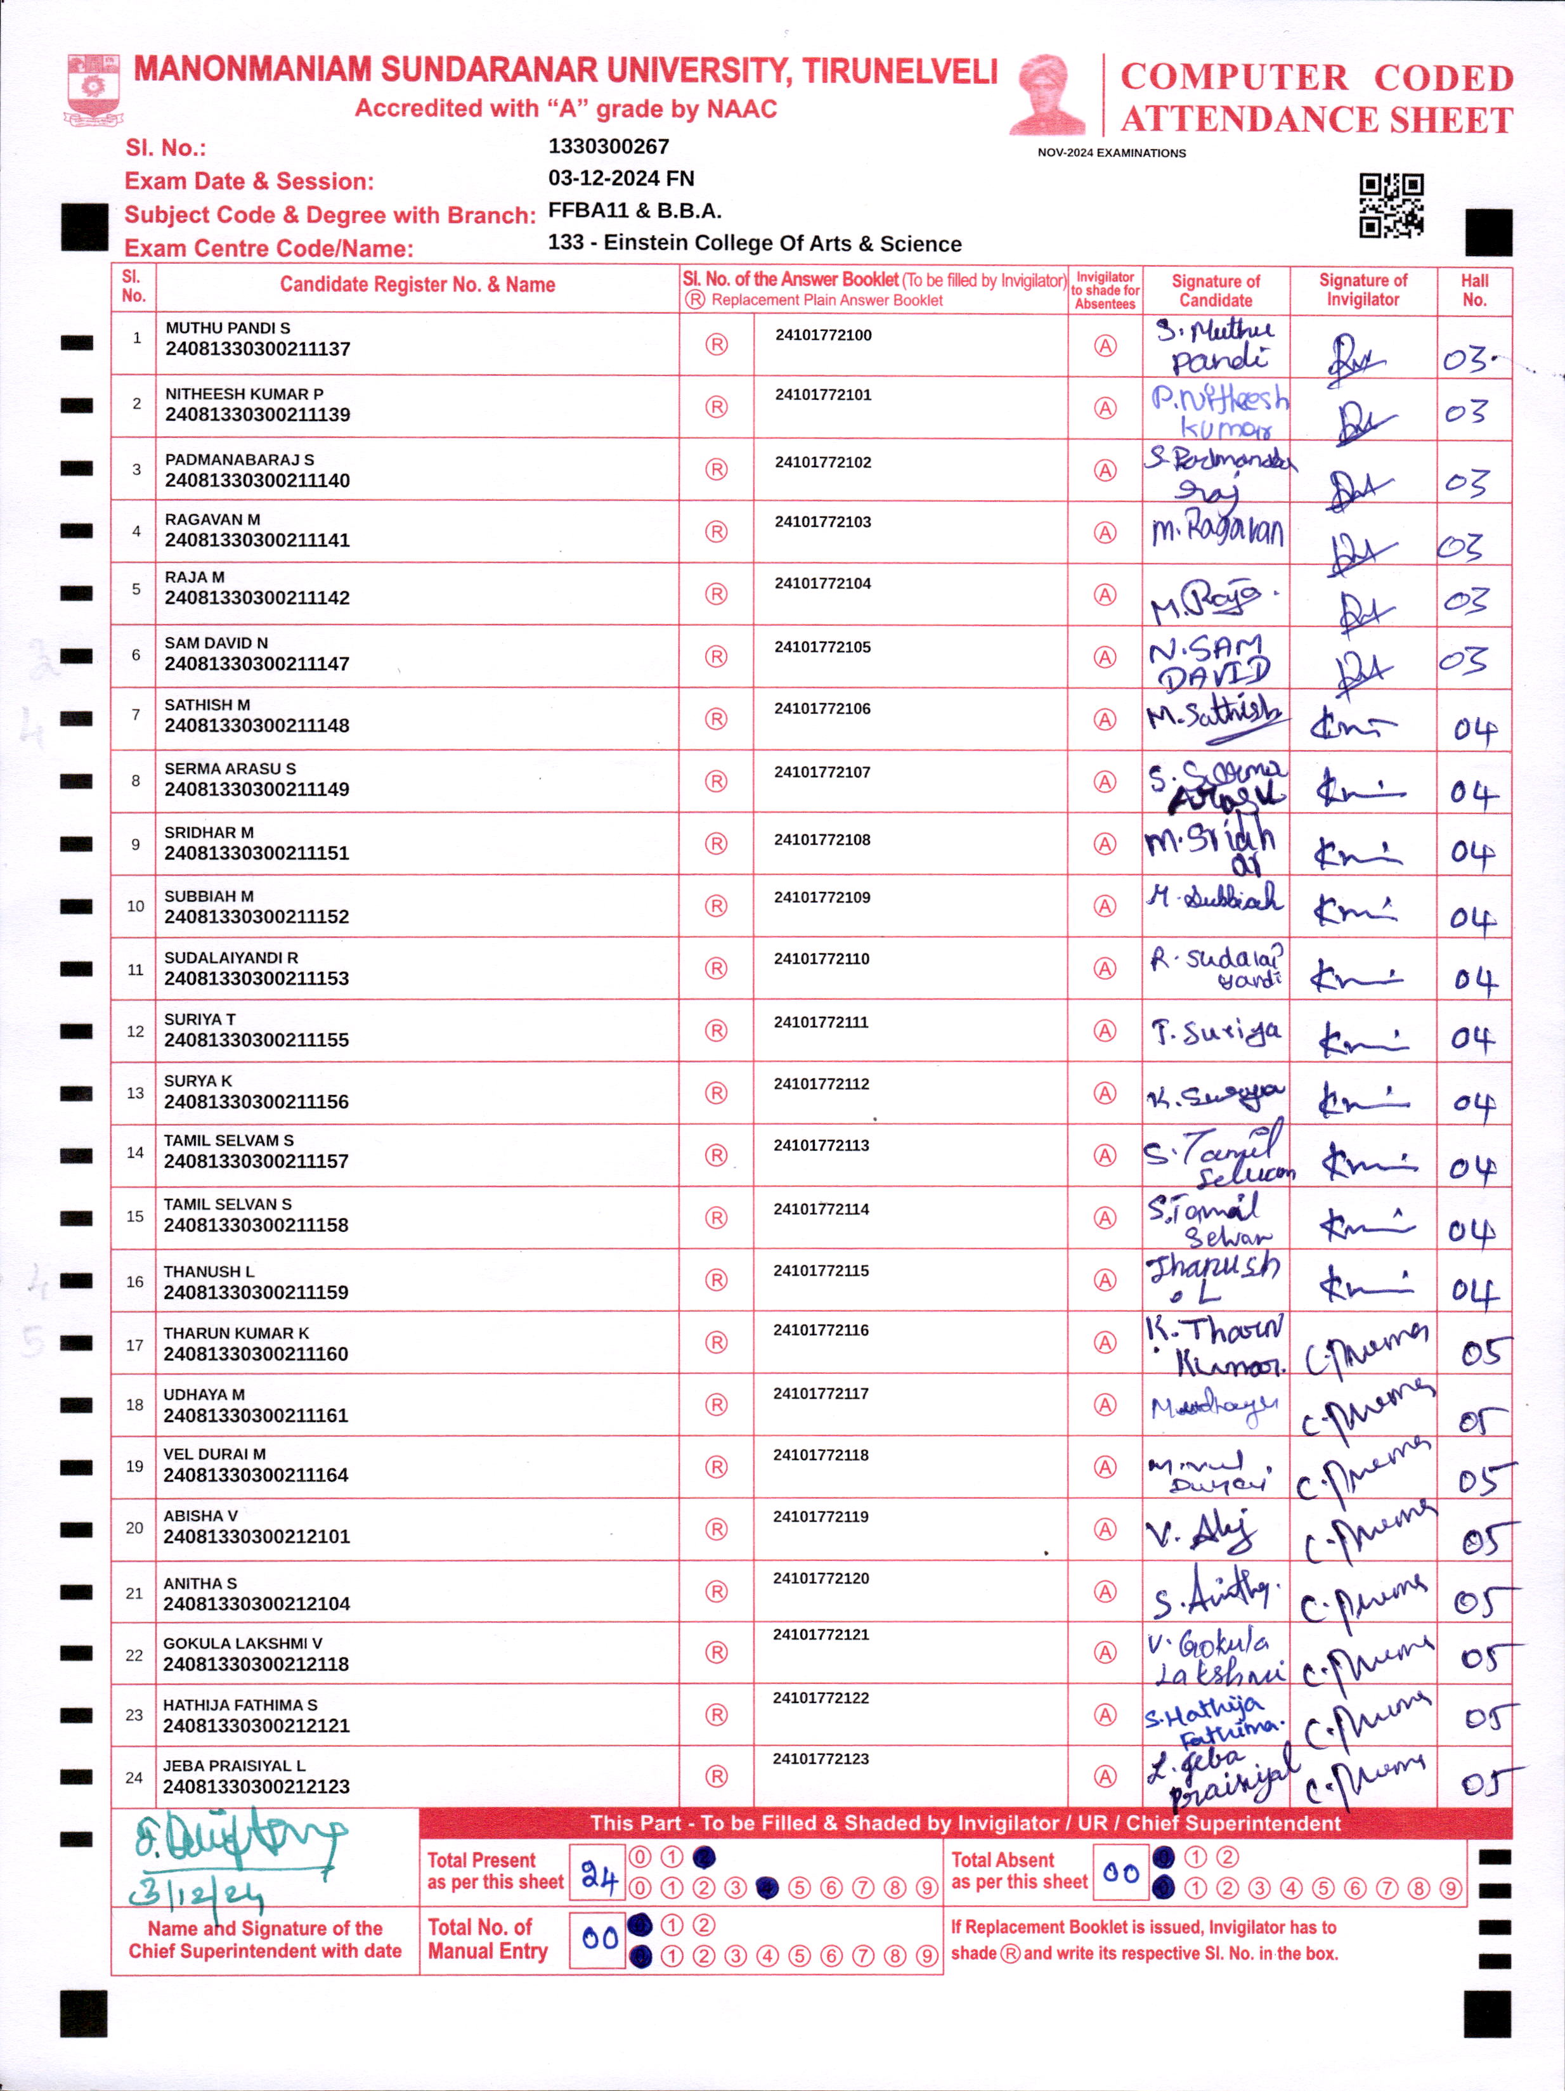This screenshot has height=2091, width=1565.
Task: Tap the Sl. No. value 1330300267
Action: click(608, 146)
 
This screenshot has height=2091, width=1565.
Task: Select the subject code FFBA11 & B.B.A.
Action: click(635, 210)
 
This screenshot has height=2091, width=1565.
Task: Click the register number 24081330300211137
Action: click(257, 349)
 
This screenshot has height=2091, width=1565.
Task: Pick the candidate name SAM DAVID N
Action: click(216, 643)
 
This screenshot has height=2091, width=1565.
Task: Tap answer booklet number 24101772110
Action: click(821, 959)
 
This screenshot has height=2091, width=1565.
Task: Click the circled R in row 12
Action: click(716, 1030)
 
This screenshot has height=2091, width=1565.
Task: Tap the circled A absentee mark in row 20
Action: click(1105, 1529)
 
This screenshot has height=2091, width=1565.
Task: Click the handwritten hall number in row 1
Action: click(1465, 360)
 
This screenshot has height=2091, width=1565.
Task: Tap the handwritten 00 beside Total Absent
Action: click(1120, 1872)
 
